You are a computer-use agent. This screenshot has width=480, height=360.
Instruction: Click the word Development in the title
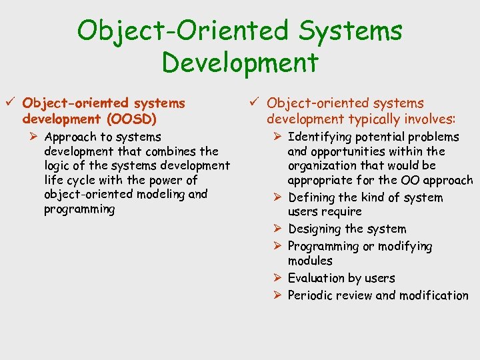(x=240, y=63)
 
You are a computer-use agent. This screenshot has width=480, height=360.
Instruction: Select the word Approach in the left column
(x=71, y=137)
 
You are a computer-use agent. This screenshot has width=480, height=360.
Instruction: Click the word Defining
(x=312, y=197)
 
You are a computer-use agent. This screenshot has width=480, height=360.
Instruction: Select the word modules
(x=310, y=261)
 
